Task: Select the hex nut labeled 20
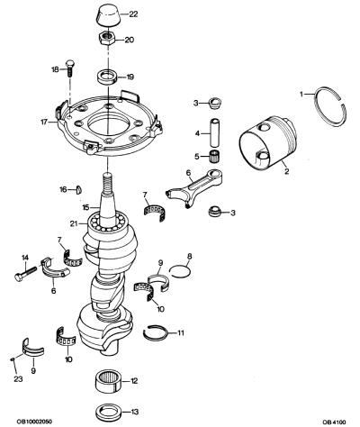point(106,38)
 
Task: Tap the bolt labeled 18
point(70,68)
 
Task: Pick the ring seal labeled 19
point(107,77)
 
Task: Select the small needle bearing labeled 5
point(213,157)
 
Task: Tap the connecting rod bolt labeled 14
point(25,273)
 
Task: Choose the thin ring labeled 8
point(179,271)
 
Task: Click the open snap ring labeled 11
point(155,332)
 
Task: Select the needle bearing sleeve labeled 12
point(108,381)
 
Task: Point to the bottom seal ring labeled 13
point(108,412)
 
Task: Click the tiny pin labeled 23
point(13,359)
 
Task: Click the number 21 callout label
point(74,223)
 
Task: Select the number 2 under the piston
point(287,171)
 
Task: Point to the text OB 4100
point(334,422)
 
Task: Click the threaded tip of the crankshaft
point(108,183)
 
